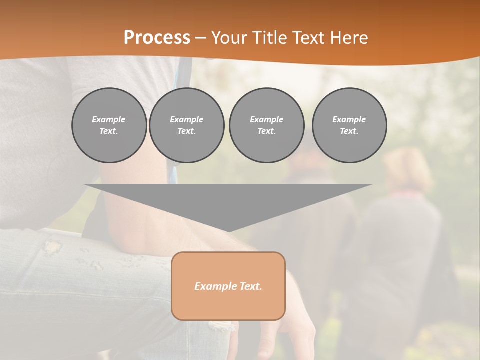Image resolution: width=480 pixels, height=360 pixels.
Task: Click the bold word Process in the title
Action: (157, 38)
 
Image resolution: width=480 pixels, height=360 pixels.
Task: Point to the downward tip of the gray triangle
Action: (228, 231)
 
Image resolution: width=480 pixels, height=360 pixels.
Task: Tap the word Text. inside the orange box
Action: (251, 286)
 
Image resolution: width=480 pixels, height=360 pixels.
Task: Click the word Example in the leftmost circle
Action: (109, 119)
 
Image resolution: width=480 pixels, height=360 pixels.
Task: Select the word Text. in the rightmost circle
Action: (349, 131)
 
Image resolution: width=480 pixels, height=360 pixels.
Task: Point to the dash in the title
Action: (200, 38)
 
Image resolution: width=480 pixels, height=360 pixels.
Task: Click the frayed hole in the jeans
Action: (52, 247)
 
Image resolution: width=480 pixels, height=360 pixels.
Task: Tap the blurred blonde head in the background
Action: (408, 170)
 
